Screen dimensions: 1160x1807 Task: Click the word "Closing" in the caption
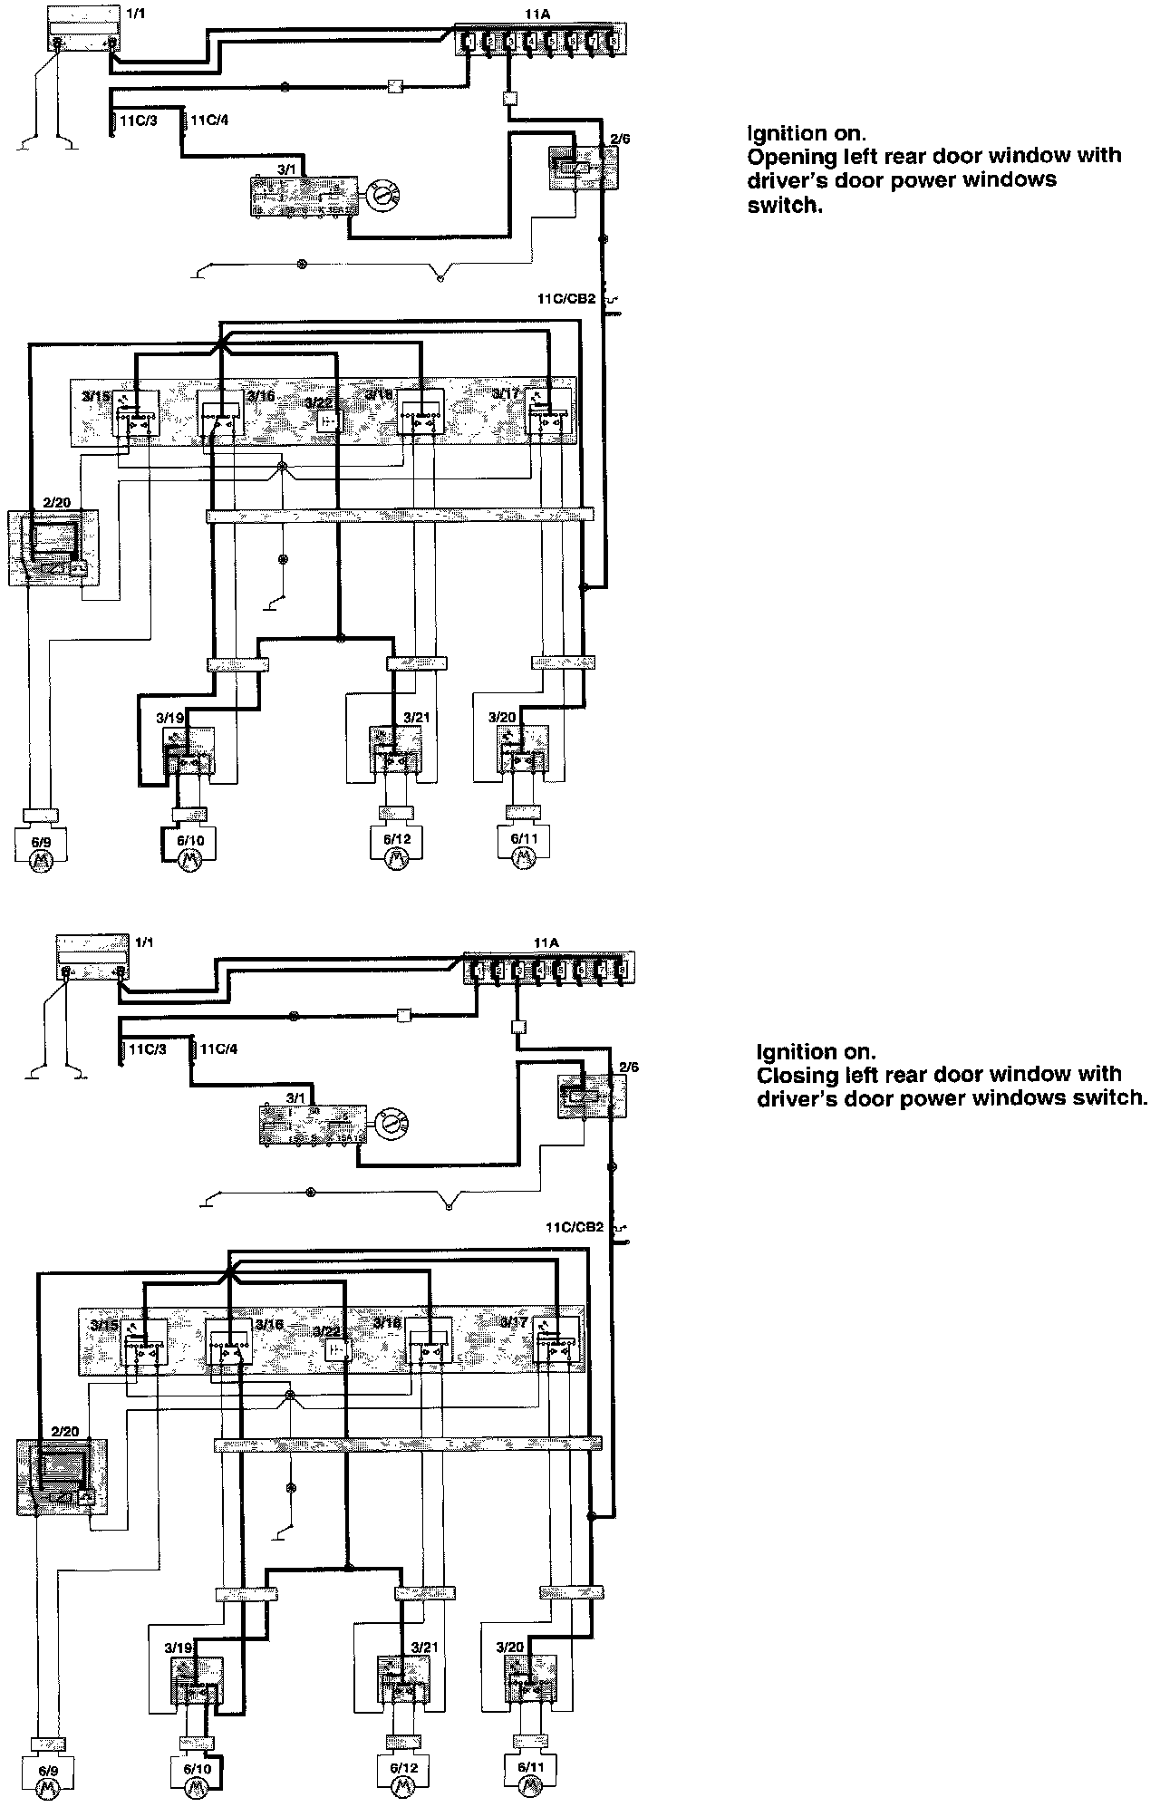click(x=791, y=1075)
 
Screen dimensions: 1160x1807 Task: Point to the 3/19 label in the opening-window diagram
click(x=169, y=718)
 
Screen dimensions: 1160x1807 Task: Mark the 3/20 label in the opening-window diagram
click(x=501, y=718)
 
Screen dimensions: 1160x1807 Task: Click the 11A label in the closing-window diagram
click(x=546, y=943)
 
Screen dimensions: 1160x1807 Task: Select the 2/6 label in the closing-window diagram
click(x=628, y=1068)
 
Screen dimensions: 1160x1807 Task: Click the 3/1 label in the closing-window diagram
click(x=296, y=1098)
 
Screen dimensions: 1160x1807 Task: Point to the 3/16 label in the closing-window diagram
click(x=270, y=1324)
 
